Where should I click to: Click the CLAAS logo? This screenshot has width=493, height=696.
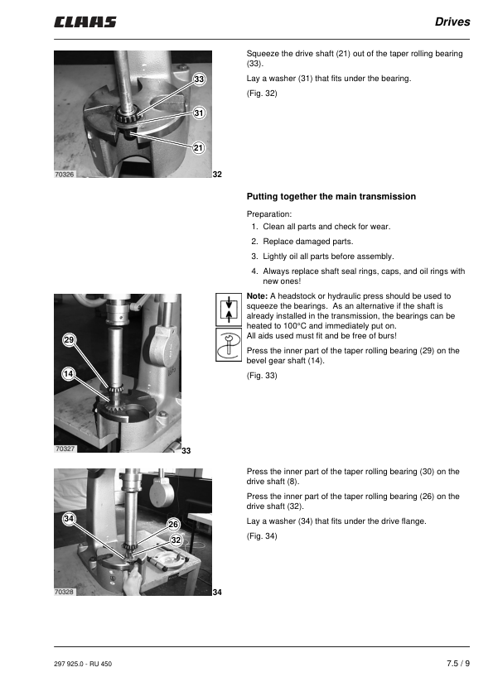click(x=85, y=22)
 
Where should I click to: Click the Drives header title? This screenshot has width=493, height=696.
click(x=452, y=22)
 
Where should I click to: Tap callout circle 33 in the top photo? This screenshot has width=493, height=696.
click(x=199, y=79)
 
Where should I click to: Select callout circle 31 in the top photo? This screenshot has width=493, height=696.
click(x=199, y=113)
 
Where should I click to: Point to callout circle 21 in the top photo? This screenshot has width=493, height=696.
click(x=198, y=148)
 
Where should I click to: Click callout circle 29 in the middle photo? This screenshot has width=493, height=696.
click(x=69, y=340)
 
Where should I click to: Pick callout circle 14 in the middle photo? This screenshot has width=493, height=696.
click(x=68, y=374)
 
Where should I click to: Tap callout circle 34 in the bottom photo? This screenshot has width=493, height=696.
click(x=69, y=518)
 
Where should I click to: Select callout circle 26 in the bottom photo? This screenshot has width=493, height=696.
click(x=173, y=524)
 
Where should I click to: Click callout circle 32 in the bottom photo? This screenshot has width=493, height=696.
click(x=176, y=540)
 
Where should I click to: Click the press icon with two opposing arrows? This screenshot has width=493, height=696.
click(x=229, y=310)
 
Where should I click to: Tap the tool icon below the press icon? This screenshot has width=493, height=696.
click(x=229, y=344)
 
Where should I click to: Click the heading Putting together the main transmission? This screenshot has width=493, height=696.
click(x=331, y=196)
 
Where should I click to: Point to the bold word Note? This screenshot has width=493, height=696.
click(x=257, y=296)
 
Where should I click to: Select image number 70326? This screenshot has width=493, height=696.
click(x=65, y=175)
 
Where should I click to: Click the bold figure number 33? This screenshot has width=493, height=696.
click(x=186, y=450)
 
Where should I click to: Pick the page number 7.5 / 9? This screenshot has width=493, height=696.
click(x=458, y=664)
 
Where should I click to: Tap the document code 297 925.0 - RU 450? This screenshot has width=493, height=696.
click(x=83, y=664)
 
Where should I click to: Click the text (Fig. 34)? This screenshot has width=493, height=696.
click(x=262, y=535)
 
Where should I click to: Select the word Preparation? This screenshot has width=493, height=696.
click(x=269, y=214)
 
